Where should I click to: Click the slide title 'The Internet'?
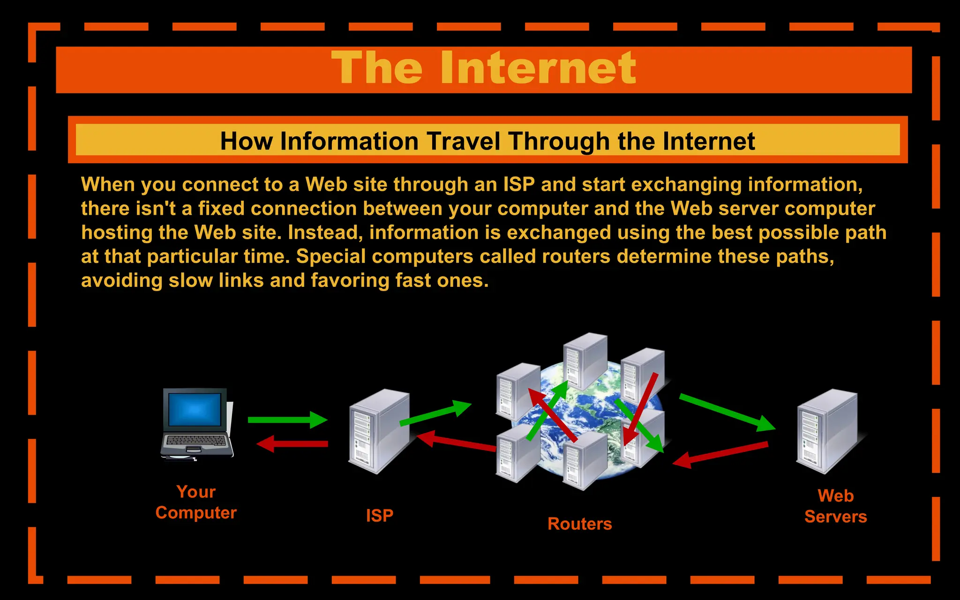(x=483, y=68)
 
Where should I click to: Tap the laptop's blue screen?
(x=195, y=409)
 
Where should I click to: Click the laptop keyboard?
(x=196, y=441)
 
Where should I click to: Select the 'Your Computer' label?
(x=196, y=502)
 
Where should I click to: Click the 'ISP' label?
(x=379, y=516)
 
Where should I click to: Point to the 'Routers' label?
(x=579, y=524)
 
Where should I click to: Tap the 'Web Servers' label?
(x=835, y=506)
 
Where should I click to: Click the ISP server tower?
(x=379, y=431)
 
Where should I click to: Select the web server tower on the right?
(x=827, y=431)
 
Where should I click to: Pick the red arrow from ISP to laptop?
(x=293, y=443)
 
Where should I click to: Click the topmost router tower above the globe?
(x=585, y=361)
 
